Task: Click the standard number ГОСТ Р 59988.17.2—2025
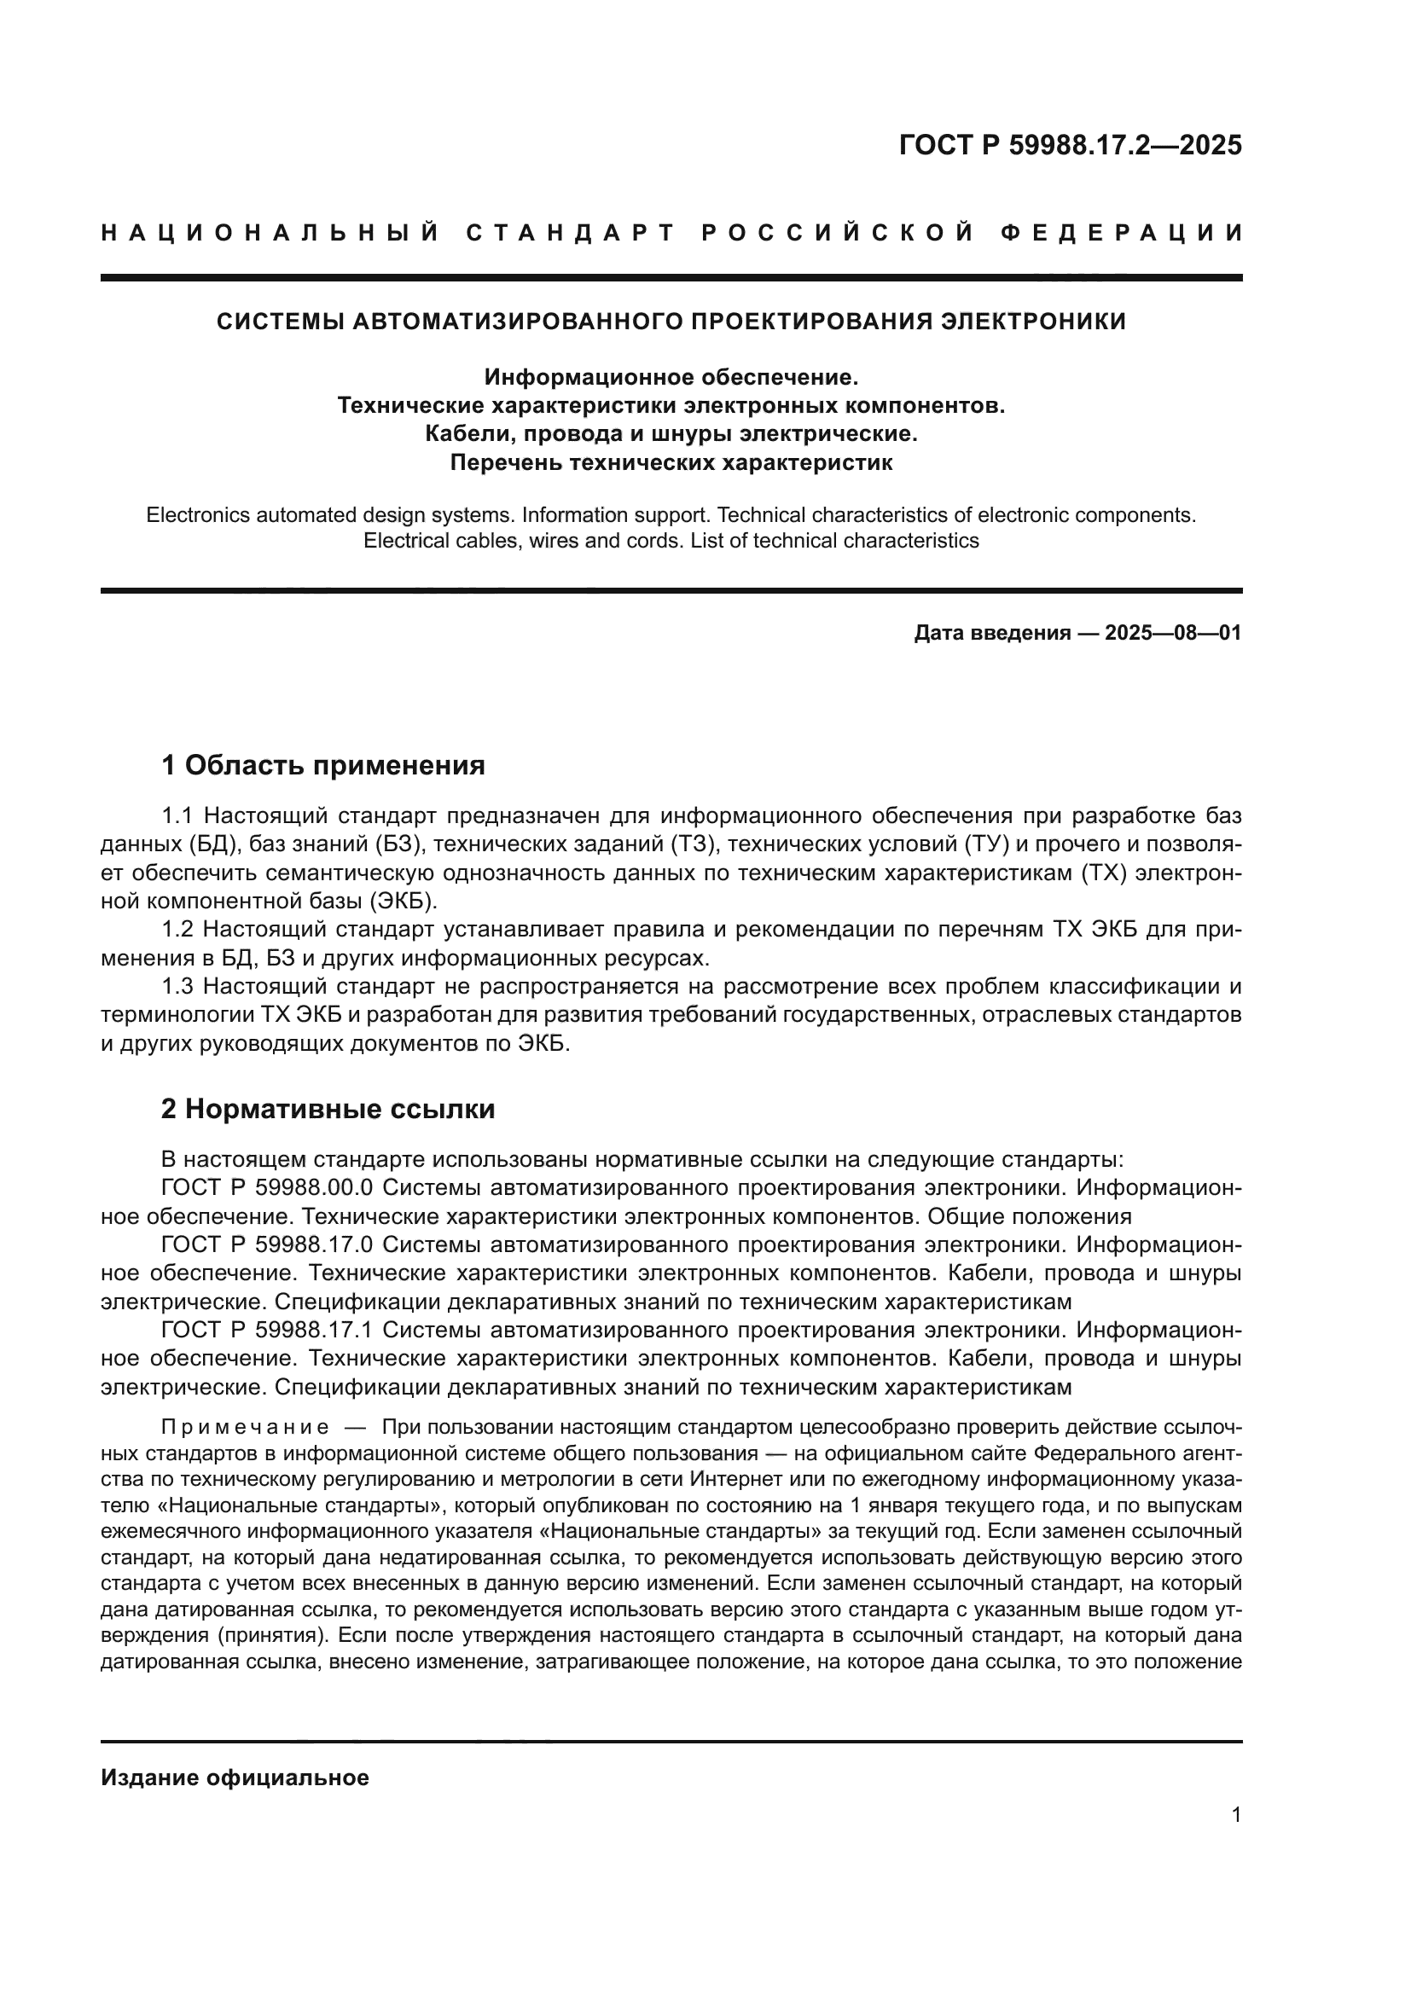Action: point(1071,145)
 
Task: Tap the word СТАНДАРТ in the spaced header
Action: point(571,233)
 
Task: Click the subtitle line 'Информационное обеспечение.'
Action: point(671,377)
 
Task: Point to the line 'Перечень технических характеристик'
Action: point(671,462)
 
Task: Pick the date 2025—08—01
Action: point(1173,633)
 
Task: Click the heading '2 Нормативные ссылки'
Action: point(328,1110)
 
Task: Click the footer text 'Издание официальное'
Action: point(235,1778)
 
